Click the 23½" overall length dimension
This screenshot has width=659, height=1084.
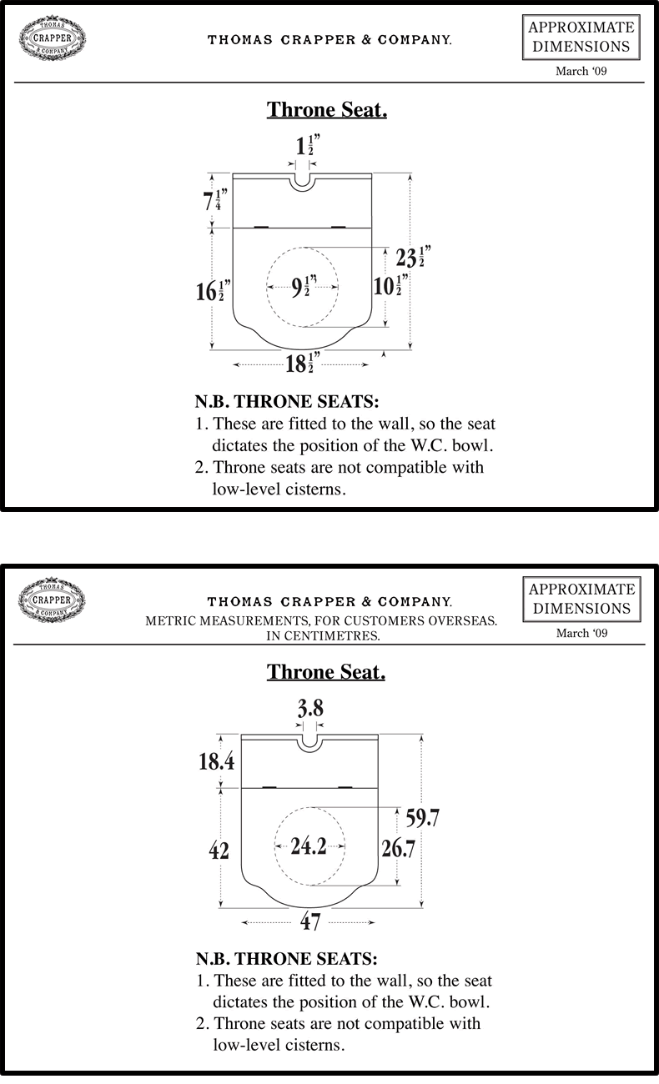tap(414, 256)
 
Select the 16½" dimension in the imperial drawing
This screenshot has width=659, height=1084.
tap(213, 291)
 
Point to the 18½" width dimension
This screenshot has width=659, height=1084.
tap(303, 364)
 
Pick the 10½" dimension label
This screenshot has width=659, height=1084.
tap(390, 285)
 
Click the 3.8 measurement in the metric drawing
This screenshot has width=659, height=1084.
tap(310, 709)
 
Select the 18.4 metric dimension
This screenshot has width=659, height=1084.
tap(216, 761)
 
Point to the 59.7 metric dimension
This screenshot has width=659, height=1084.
tap(422, 818)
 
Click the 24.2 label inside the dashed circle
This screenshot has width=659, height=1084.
tap(309, 846)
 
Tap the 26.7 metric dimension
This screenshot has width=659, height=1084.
tap(398, 849)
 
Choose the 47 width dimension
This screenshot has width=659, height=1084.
tap(309, 922)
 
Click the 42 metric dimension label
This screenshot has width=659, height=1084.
tap(219, 850)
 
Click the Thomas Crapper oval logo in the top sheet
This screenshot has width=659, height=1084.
tap(52, 38)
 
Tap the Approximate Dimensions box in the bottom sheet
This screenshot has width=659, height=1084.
tap(581, 599)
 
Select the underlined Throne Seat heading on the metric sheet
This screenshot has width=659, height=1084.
tap(326, 672)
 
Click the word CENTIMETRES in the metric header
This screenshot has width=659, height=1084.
tap(333, 636)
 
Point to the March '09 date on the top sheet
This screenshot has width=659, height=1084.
tap(581, 72)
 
